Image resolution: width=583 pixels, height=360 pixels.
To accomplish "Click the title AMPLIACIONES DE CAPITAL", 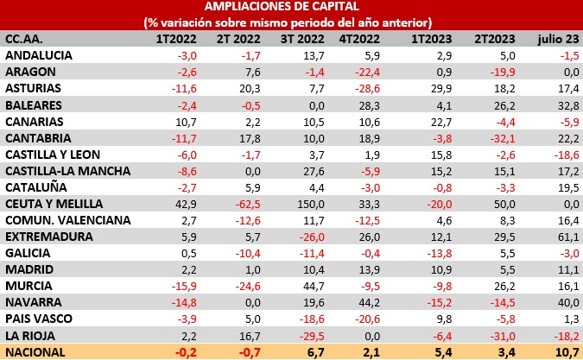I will (x=291, y=8).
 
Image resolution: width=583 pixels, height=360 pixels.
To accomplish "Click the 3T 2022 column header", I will (x=300, y=39).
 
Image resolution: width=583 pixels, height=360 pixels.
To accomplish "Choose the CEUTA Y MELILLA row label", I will (x=54, y=204).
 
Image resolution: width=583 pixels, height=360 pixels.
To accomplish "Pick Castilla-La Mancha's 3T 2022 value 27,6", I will (x=311, y=171).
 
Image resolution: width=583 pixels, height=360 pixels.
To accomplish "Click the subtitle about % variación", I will (x=291, y=23).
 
